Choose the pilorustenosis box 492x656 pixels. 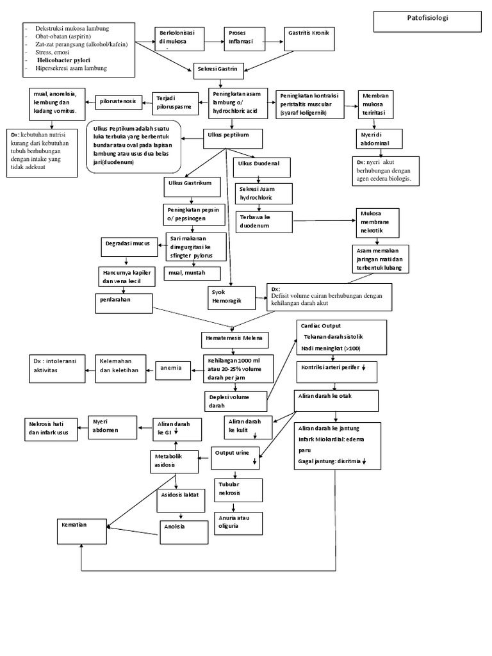coord(118,101)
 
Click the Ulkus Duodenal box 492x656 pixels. coord(261,168)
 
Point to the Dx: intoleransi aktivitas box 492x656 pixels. coord(57,368)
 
